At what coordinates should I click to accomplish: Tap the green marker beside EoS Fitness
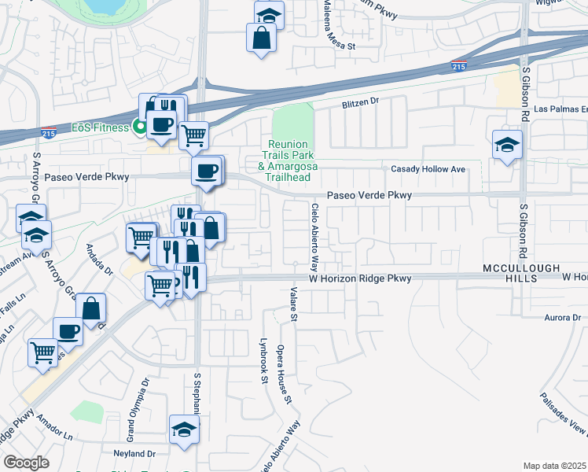pos(140,125)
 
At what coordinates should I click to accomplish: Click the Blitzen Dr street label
pos(360,101)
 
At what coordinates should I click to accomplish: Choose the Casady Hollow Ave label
pos(428,169)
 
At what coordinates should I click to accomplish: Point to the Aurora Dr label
pos(562,318)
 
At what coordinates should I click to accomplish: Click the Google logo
pos(27,463)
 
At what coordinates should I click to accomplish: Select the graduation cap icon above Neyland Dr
pos(185,429)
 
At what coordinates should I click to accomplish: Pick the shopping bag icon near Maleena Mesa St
pos(261,36)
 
